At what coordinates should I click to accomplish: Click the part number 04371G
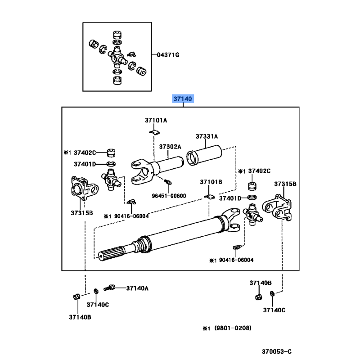click(168, 54)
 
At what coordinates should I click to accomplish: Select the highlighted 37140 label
click(183, 99)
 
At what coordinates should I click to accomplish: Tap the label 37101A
click(156, 120)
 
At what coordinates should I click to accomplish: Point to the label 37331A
click(207, 136)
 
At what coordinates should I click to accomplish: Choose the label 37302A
click(170, 147)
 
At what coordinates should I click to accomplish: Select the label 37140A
click(137, 288)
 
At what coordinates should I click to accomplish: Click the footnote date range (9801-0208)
click(232, 328)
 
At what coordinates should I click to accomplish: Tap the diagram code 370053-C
click(277, 351)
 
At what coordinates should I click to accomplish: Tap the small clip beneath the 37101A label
click(154, 132)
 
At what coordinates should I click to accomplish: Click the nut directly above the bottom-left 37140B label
click(76, 296)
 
